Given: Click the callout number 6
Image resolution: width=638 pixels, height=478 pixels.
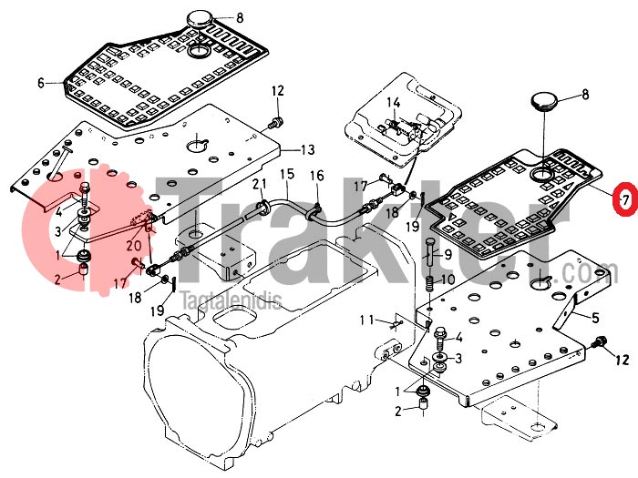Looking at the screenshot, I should pyautogui.click(x=41, y=82).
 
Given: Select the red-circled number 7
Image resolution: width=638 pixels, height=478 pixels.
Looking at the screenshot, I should pyautogui.click(x=624, y=198).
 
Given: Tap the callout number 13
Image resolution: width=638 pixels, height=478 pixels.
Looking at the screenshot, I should pyautogui.click(x=307, y=149).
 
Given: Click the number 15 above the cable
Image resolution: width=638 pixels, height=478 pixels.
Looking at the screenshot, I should pyautogui.click(x=286, y=174).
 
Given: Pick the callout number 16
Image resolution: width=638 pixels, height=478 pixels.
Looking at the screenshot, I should pyautogui.click(x=316, y=176).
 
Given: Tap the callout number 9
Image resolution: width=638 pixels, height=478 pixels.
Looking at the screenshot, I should pyautogui.click(x=448, y=254).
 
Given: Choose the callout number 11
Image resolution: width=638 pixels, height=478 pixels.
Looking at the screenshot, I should pyautogui.click(x=366, y=319).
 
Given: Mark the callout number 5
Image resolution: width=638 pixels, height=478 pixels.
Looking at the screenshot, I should pyautogui.click(x=596, y=317).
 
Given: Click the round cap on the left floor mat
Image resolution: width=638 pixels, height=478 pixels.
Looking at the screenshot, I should pyautogui.click(x=200, y=19).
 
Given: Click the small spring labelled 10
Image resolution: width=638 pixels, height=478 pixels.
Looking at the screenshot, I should pyautogui.click(x=429, y=283).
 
